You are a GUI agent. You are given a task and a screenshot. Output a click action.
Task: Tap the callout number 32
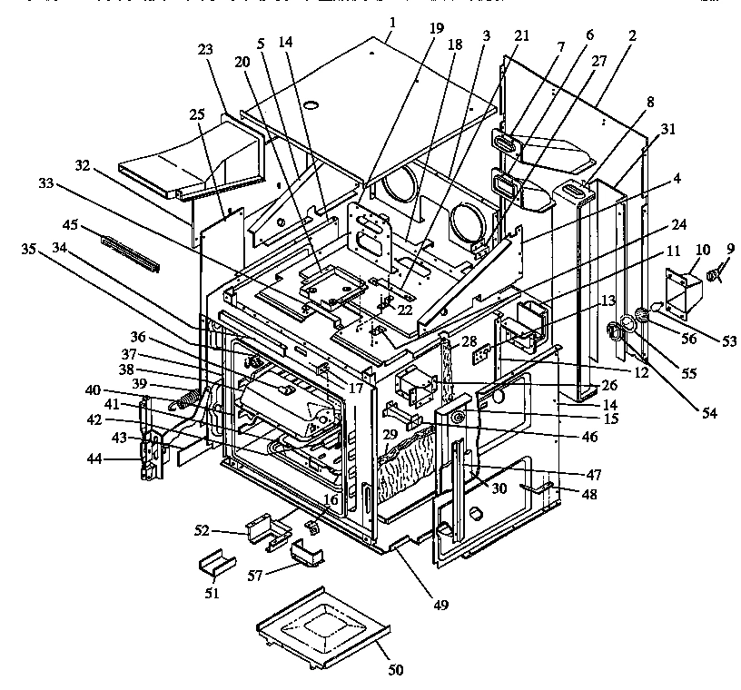click(84, 167)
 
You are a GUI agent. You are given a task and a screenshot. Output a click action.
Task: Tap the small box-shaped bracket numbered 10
click(681, 291)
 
